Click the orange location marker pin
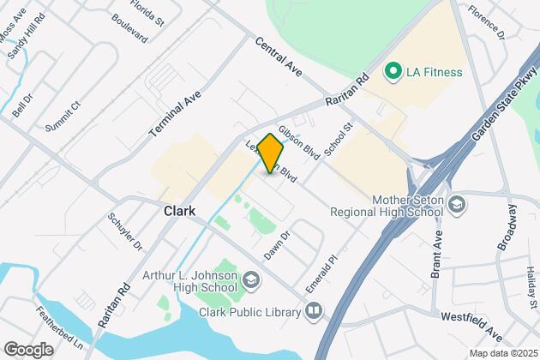(270, 153)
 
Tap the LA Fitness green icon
(394, 69)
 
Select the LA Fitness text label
(435, 71)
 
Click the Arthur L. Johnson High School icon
(251, 280)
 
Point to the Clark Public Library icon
(315, 311)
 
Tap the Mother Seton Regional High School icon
(458, 204)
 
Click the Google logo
(28, 349)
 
